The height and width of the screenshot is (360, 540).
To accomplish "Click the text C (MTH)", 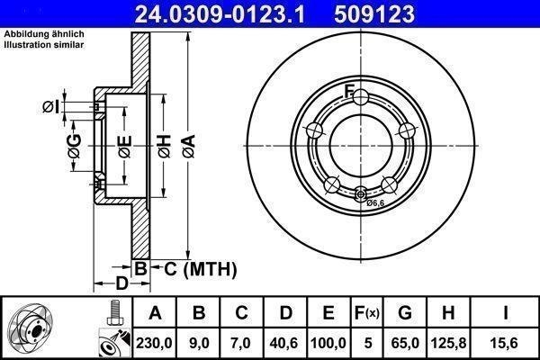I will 194,268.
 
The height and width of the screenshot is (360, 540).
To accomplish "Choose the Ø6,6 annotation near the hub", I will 375,203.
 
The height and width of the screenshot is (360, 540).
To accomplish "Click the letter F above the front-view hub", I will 350,88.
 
